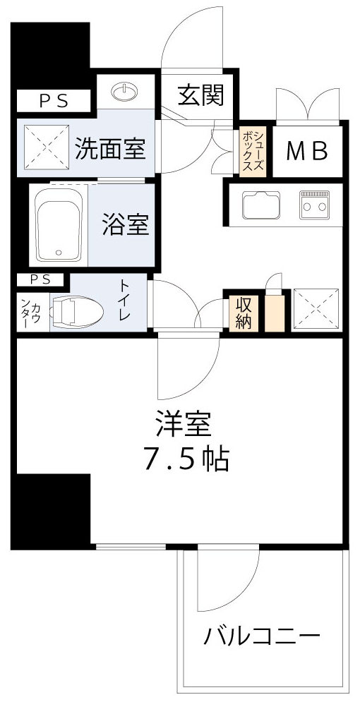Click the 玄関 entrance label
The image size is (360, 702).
click(x=200, y=96)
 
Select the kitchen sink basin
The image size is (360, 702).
click(x=260, y=205)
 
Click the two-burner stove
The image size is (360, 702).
click(x=314, y=205)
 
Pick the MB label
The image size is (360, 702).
click(x=306, y=150)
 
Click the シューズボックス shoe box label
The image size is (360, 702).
click(x=254, y=150)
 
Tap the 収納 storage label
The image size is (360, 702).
click(x=244, y=312)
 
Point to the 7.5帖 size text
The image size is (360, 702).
click(x=186, y=459)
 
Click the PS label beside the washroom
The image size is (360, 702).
click(x=53, y=101)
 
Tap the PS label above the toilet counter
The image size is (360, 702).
click(x=40, y=279)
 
